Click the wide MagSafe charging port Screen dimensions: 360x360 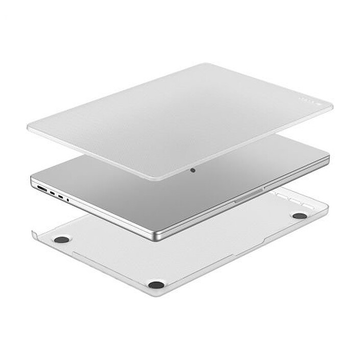click(x=40, y=189)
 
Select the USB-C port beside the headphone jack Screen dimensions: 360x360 click(x=61, y=197)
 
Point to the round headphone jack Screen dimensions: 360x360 click(x=68, y=200)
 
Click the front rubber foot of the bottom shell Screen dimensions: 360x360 click(x=156, y=283)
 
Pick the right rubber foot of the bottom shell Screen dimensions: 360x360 click(x=300, y=215)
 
